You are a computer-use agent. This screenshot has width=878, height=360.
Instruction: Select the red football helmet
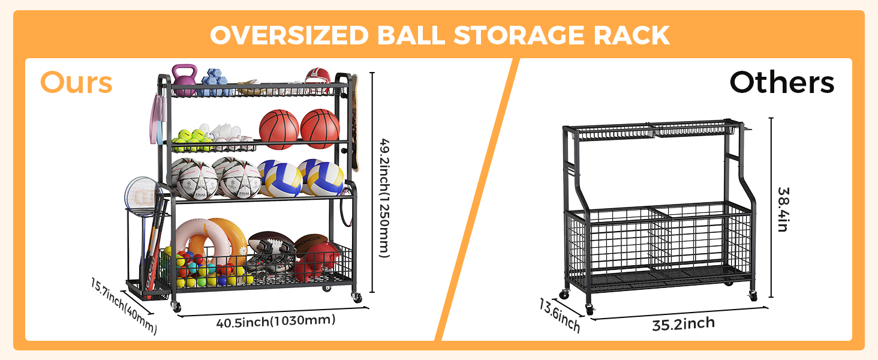point(317,80)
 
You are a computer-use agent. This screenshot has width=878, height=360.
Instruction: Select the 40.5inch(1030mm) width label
point(275,320)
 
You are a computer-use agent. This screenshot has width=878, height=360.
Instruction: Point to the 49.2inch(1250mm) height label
point(384,199)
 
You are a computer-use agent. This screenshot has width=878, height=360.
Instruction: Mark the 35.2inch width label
point(683,324)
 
